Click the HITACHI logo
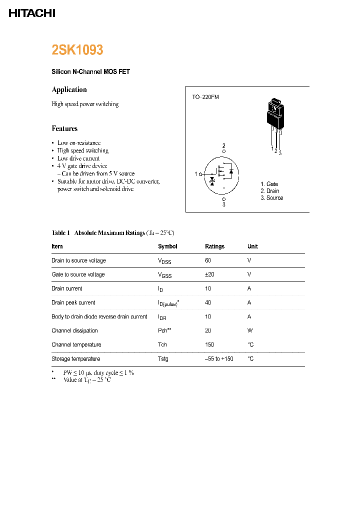pos(32,13)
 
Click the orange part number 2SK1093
pos(77,50)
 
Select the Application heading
pos(69,89)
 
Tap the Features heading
pos(64,128)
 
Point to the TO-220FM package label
pos(205,97)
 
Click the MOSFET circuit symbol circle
pos(221,174)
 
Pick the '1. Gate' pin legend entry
pos(269,184)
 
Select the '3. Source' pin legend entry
pos(271,198)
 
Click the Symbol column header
pos(167,246)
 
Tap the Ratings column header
pos(214,246)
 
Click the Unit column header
pos(252,246)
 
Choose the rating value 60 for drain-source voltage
pos(208,260)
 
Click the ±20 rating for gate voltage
pos(209,274)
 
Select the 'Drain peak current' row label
pos(73,302)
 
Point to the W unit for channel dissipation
pos(249,330)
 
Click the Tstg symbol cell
pos(163,359)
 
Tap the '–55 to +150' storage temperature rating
pos(219,359)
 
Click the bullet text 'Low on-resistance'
pos(79,143)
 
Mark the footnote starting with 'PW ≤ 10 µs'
pos(98,373)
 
